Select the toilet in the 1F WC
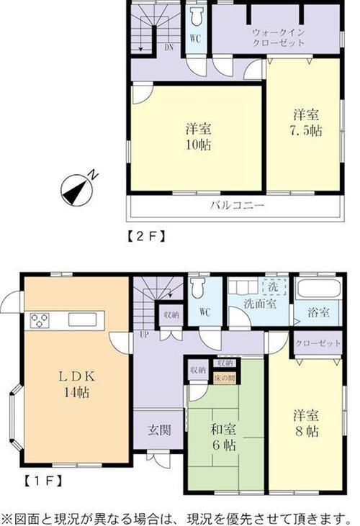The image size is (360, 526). point(197,288)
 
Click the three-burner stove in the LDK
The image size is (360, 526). point(40,320)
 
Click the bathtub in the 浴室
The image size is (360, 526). point(317,288)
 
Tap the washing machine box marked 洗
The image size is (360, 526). point(274,287)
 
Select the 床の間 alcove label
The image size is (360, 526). point(225,378)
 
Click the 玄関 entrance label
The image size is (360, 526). point(160,430)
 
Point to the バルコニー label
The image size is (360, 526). point(237,205)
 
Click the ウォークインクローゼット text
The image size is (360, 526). point(278,37)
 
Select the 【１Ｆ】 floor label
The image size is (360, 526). point(43,481)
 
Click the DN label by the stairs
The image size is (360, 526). point(168,47)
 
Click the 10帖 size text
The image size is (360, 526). point(199,145)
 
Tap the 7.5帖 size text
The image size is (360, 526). point(306,130)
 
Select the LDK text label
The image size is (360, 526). point(77,376)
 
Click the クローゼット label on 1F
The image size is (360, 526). point(318,343)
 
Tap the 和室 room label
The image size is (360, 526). point(223,430)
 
